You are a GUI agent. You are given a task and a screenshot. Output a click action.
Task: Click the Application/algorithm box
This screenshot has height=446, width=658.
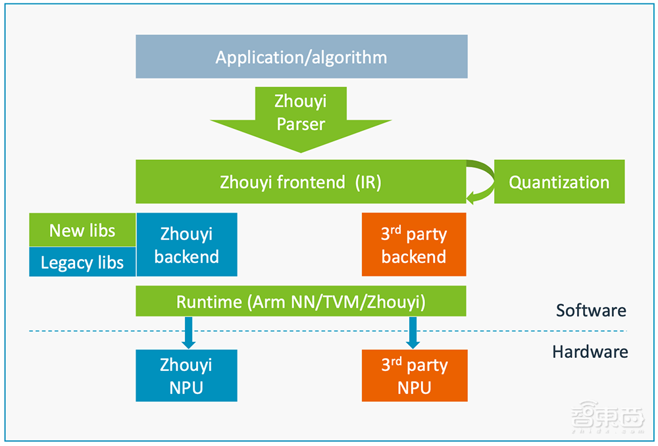[301, 57]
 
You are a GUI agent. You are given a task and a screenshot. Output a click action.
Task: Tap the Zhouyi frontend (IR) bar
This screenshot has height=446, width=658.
[301, 182]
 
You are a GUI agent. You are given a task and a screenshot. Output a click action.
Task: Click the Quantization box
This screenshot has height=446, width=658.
[559, 182]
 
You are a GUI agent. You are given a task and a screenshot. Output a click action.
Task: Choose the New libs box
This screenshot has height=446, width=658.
[82, 230]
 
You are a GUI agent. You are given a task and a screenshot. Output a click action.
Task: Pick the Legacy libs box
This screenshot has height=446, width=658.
[82, 262]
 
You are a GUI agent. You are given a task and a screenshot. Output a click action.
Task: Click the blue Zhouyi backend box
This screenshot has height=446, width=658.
[186, 245]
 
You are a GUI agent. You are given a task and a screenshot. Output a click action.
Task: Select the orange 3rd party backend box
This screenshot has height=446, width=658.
[414, 245]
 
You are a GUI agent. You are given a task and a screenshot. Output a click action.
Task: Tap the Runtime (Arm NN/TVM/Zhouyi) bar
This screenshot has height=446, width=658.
[301, 302]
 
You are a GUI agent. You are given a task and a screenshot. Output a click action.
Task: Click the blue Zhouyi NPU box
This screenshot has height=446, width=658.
[186, 376]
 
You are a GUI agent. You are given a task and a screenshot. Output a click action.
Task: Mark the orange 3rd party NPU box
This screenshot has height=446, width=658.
[415, 376]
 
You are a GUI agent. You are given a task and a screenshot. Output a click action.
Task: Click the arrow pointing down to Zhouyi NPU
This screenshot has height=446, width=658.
[188, 332]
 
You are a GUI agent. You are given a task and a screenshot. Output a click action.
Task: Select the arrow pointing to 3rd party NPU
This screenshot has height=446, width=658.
[413, 332]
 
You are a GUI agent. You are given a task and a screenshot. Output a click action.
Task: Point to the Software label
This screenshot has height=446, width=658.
[590, 310]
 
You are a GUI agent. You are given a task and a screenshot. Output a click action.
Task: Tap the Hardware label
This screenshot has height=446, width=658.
[590, 352]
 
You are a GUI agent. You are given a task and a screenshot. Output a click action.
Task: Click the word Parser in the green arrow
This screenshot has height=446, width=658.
[301, 124]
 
